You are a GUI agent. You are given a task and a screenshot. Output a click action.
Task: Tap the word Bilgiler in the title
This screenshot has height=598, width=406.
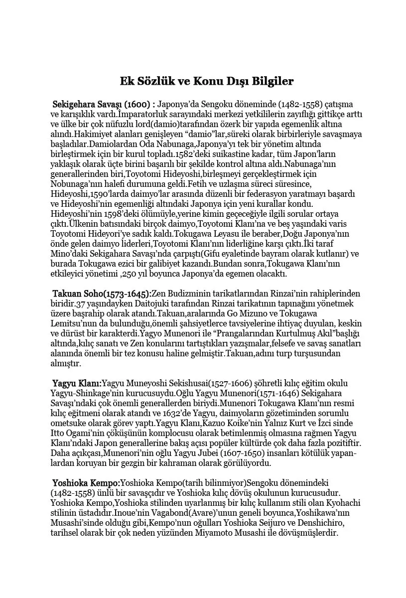click(x=269, y=81)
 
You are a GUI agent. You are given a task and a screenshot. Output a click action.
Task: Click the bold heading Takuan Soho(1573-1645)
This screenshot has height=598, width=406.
click(x=102, y=294)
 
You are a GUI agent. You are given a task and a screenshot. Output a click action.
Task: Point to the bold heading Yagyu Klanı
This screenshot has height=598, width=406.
click(x=77, y=383)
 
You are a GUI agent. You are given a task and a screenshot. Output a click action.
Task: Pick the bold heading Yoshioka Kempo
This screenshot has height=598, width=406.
click(x=86, y=483)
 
